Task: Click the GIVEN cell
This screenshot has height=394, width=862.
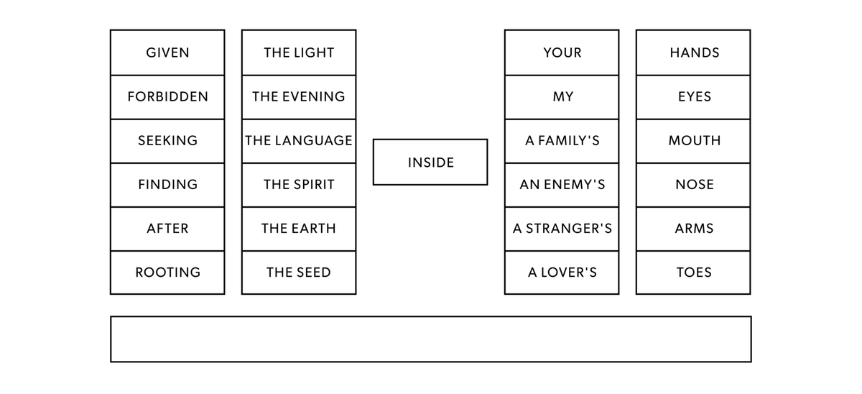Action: click(167, 52)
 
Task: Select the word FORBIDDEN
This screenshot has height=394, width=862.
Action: click(167, 96)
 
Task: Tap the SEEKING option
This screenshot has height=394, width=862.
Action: click(167, 141)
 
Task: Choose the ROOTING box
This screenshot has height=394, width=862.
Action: click(167, 272)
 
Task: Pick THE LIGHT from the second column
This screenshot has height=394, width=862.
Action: click(299, 52)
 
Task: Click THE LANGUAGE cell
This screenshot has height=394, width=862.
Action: click(299, 141)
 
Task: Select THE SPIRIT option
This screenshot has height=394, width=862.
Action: click(299, 185)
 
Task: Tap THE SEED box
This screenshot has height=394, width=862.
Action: click(299, 272)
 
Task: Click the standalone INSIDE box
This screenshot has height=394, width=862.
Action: click(430, 162)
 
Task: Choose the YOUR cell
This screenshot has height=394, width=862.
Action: click(562, 52)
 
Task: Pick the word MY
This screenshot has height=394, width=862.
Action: click(562, 96)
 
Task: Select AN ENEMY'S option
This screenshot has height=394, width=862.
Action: click(562, 185)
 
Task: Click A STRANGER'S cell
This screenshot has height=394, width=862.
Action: click(562, 229)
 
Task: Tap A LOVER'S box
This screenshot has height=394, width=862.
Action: click(562, 272)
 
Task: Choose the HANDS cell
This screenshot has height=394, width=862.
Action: click(693, 52)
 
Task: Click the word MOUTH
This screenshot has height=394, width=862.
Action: click(693, 141)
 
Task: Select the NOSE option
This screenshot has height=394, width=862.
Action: click(693, 185)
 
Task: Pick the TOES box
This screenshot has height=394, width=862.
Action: click(693, 272)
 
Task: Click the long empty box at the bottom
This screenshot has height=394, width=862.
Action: click(430, 339)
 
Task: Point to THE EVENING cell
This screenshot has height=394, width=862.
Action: click(299, 96)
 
